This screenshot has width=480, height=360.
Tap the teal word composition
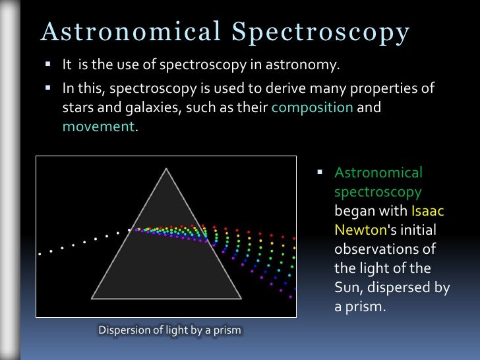tap(313, 107)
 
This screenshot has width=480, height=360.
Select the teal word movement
tap(98, 126)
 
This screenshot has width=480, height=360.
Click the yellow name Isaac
tap(428, 212)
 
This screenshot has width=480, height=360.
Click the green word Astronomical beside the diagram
tap(378, 173)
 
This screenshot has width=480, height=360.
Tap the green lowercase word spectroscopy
tap(378, 192)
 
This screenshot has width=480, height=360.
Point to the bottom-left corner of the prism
tap(91, 299)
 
